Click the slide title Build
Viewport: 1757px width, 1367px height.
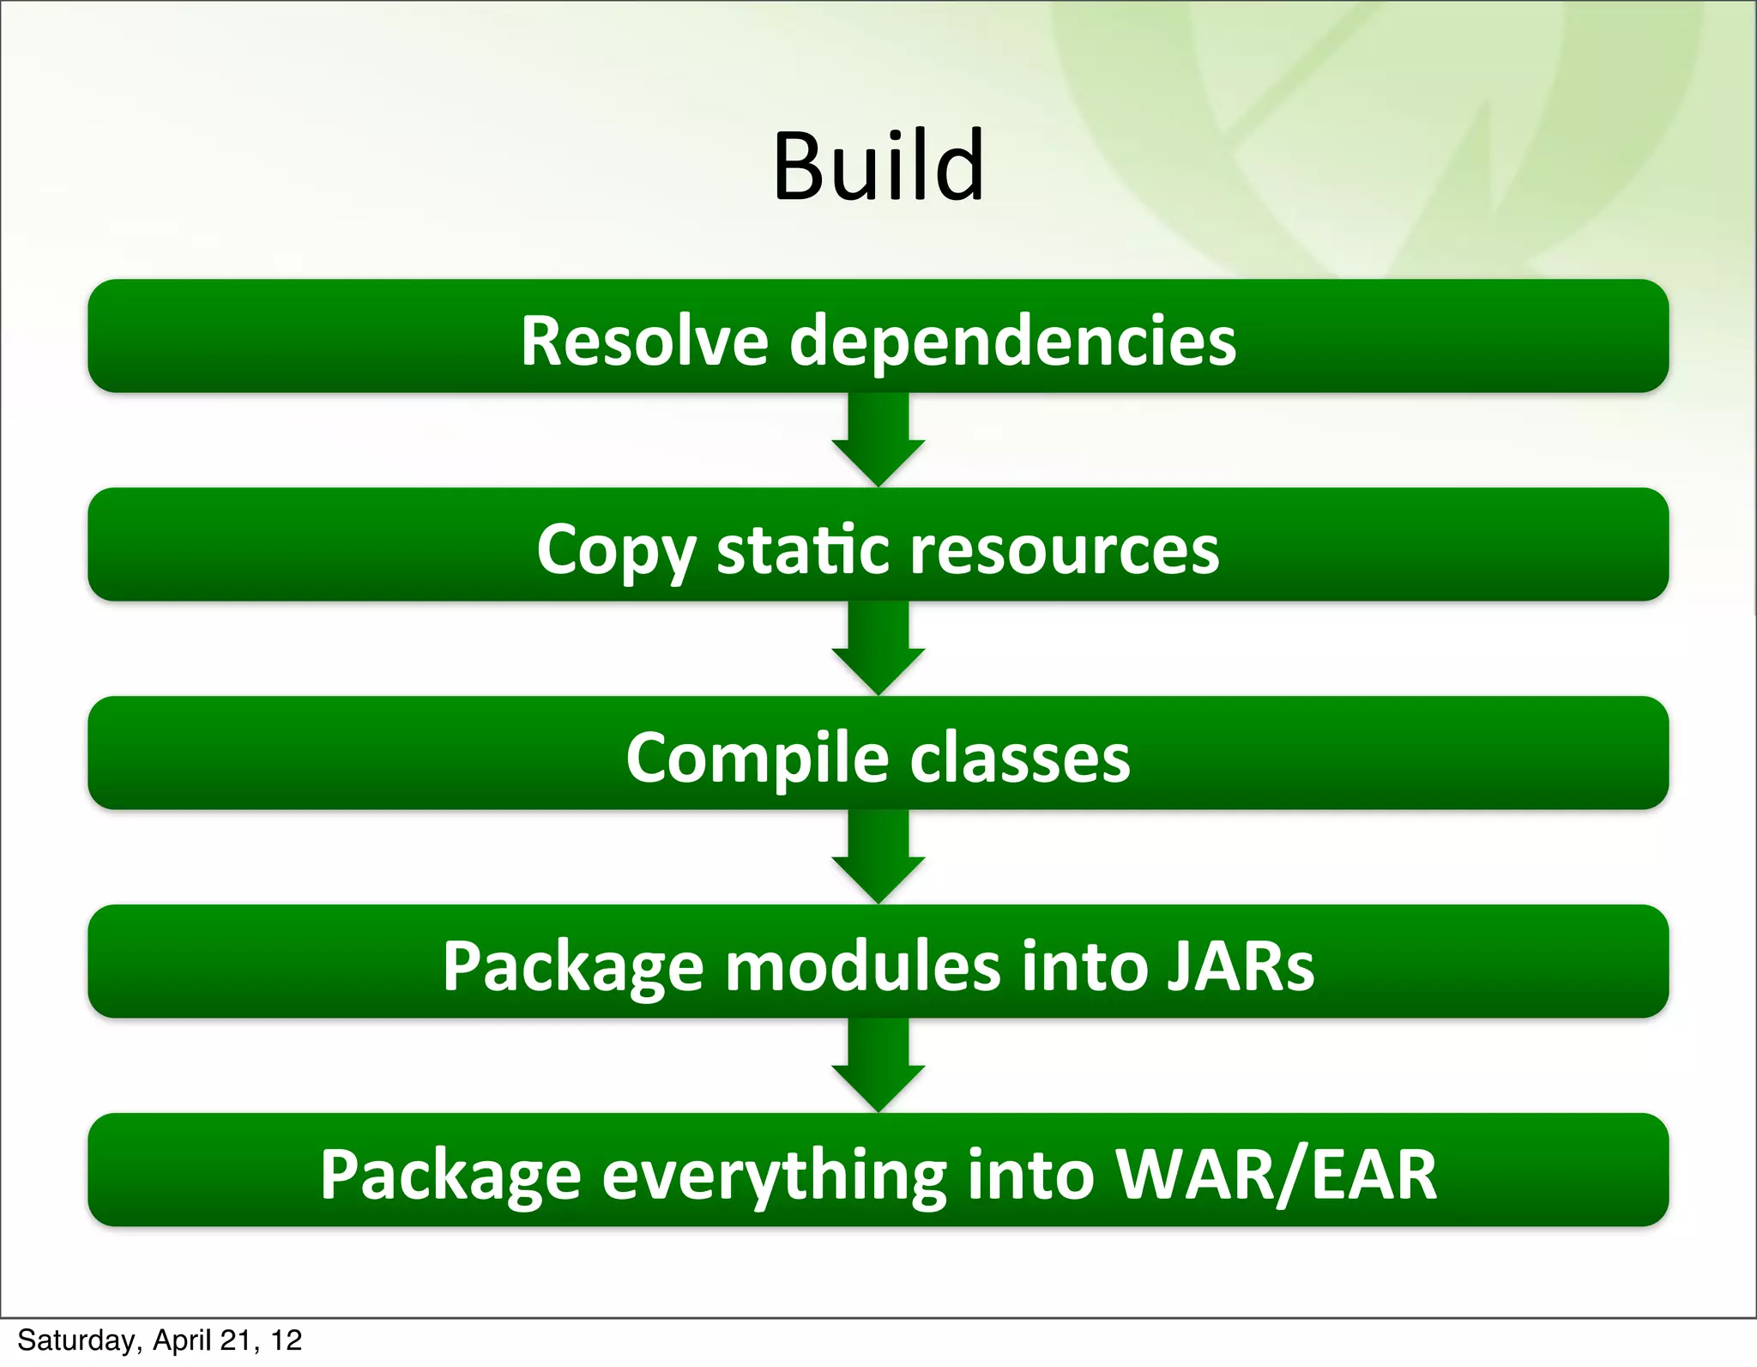(878, 166)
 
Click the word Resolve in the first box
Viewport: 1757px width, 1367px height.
(643, 341)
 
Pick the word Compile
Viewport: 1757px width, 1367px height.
(757, 759)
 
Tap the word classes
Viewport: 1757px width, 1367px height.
(1020, 759)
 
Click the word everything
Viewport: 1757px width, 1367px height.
(774, 1176)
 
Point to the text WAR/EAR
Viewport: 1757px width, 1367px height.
(1275, 1174)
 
